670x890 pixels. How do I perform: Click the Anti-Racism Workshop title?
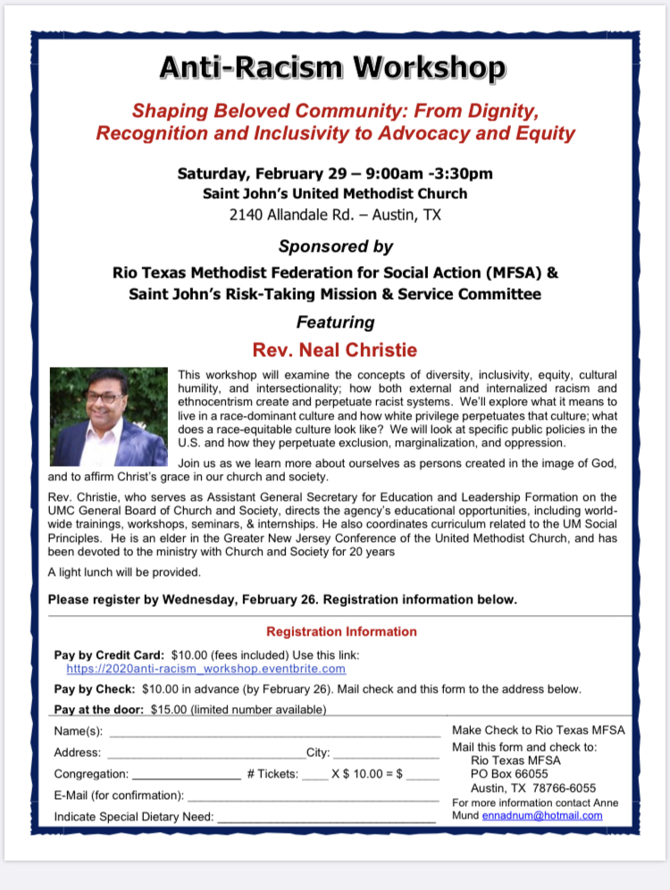pyautogui.click(x=334, y=68)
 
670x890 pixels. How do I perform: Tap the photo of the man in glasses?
pyautogui.click(x=109, y=417)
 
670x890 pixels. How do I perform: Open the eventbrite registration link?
pyautogui.click(x=205, y=668)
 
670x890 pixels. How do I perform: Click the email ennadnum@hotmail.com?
pyautogui.click(x=541, y=815)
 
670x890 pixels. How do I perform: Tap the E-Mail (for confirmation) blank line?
pyautogui.click(x=313, y=795)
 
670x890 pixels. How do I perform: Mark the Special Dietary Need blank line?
pyautogui.click(x=326, y=817)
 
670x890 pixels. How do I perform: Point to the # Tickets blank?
pyautogui.click(x=314, y=775)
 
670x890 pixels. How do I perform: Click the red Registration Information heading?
pyautogui.click(x=341, y=631)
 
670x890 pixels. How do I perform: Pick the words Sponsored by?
pyautogui.click(x=335, y=245)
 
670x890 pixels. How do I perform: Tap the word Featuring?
pyautogui.click(x=335, y=321)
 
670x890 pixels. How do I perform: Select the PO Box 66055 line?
pyautogui.click(x=510, y=773)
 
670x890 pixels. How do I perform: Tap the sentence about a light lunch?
pyautogui.click(x=124, y=571)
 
